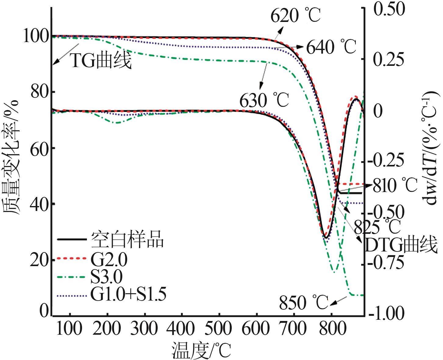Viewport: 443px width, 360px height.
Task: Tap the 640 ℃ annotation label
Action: pos(330,48)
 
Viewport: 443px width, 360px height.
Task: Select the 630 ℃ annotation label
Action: pos(264,101)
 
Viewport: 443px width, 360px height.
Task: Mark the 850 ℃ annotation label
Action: pos(303,302)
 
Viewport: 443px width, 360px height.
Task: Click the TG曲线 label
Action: pos(101,60)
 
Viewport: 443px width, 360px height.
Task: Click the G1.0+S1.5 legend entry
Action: pos(128,294)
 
